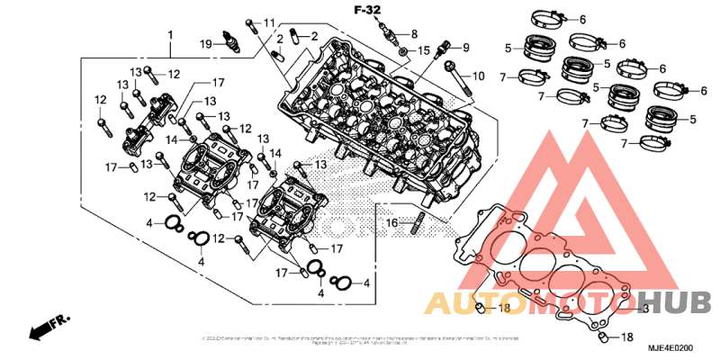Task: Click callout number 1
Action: (169, 36)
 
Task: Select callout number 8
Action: (414, 34)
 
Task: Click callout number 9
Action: (465, 47)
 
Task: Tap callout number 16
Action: (392, 222)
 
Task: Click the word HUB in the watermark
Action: (670, 301)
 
